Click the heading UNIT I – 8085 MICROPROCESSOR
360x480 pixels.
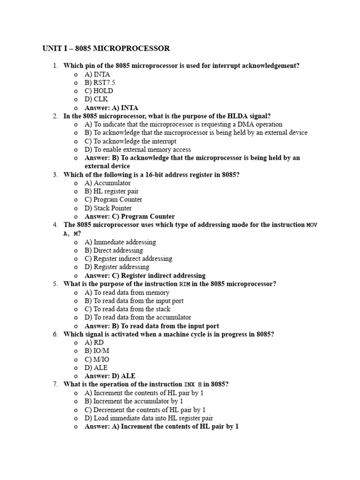click(x=106, y=48)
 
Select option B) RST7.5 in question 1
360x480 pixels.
click(x=100, y=82)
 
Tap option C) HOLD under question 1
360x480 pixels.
click(x=99, y=91)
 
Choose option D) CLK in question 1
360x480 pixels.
click(x=96, y=99)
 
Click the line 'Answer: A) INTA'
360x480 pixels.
click(x=112, y=108)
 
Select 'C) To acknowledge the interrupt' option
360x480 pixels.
click(x=130, y=141)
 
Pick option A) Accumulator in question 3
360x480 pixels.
click(x=108, y=183)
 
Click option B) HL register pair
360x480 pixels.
click(x=112, y=191)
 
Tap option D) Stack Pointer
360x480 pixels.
click(x=108, y=208)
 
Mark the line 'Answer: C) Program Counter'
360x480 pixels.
click(x=130, y=217)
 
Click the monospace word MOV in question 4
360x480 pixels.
click(x=312, y=225)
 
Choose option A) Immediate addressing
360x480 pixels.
click(x=120, y=242)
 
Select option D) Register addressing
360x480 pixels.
click(x=117, y=267)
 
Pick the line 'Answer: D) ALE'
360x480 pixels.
click(x=110, y=376)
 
